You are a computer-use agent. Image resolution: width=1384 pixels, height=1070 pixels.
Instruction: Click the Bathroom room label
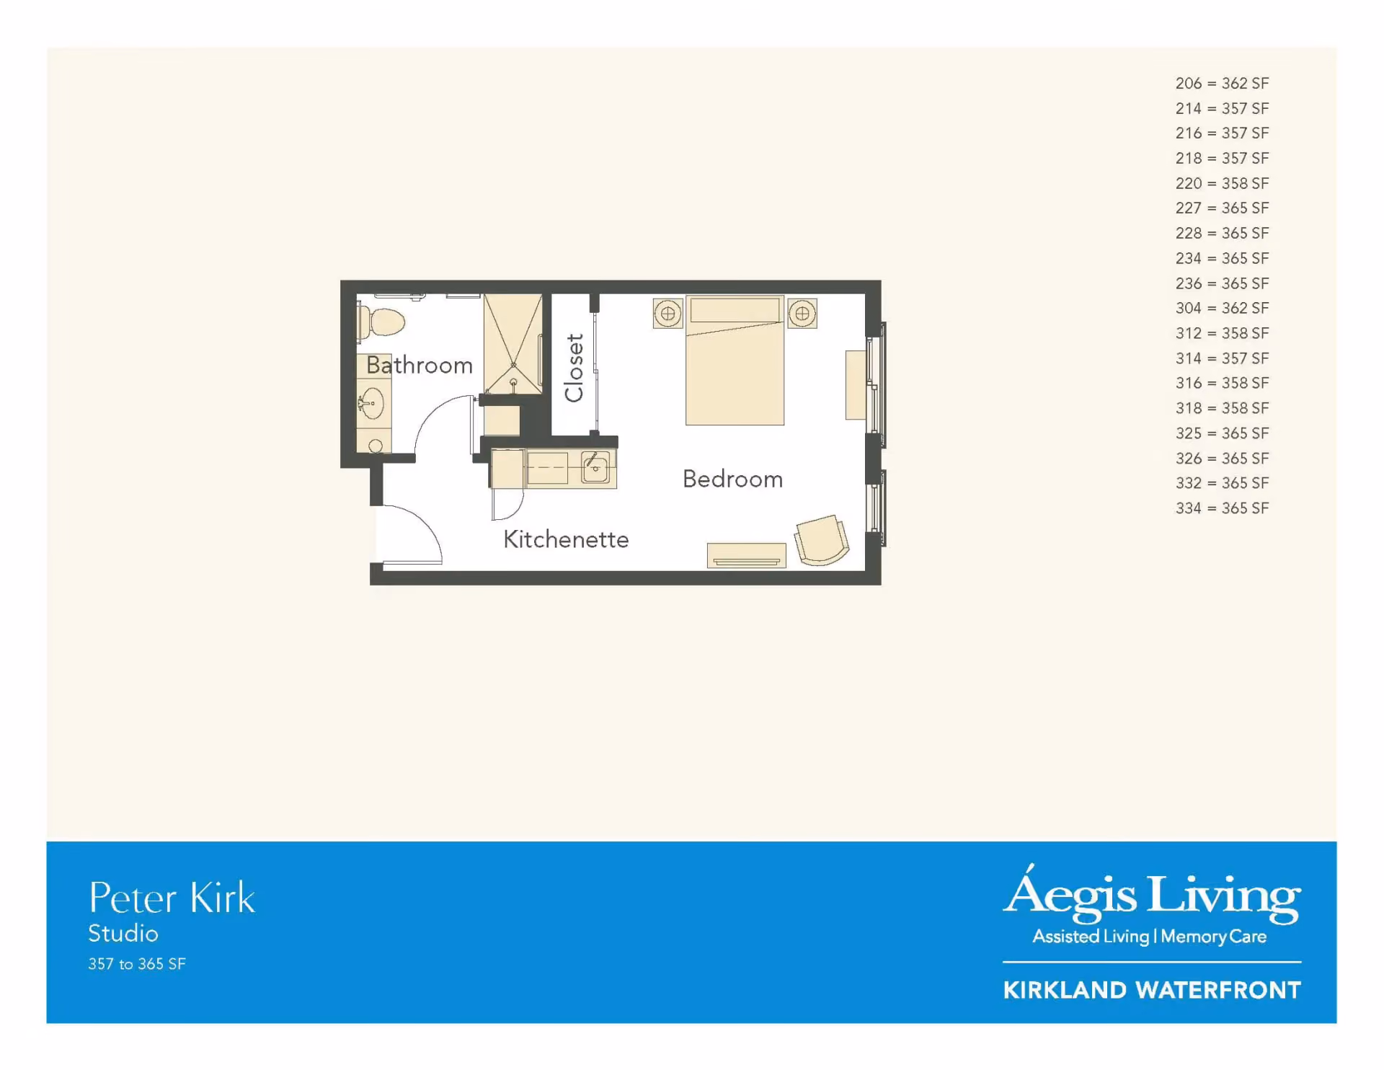420,365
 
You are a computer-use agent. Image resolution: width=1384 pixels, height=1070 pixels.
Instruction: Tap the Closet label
574,368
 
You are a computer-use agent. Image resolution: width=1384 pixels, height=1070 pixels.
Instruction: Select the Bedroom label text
732,479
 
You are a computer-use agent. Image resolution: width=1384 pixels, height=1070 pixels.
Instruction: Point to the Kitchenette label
566,539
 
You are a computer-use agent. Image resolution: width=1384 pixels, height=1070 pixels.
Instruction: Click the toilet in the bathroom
381,322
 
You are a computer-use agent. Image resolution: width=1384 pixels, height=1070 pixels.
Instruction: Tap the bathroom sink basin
372,403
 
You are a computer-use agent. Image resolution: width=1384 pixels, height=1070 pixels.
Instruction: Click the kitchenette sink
595,468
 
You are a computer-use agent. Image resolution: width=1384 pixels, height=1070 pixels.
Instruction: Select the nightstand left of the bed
668,314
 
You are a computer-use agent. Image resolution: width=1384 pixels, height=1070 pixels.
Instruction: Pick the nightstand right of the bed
802,314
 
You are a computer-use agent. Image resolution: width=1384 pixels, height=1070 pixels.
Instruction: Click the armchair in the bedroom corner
822,540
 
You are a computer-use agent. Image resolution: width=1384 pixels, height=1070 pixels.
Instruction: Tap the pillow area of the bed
735,310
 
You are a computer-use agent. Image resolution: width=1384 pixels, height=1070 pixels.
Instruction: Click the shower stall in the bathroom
513,343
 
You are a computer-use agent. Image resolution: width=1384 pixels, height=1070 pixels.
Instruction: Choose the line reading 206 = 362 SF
1222,84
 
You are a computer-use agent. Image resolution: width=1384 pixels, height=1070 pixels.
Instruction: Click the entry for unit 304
1222,308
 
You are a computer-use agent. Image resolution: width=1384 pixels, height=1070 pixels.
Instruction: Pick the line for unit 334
1222,508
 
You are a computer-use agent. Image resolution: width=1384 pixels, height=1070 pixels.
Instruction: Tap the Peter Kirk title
172,898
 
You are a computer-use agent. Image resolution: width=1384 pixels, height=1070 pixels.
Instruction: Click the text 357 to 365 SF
137,964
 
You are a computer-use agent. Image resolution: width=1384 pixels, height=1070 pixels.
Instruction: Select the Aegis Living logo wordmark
1152,894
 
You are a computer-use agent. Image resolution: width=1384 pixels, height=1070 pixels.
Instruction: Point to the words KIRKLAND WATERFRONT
1152,990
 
